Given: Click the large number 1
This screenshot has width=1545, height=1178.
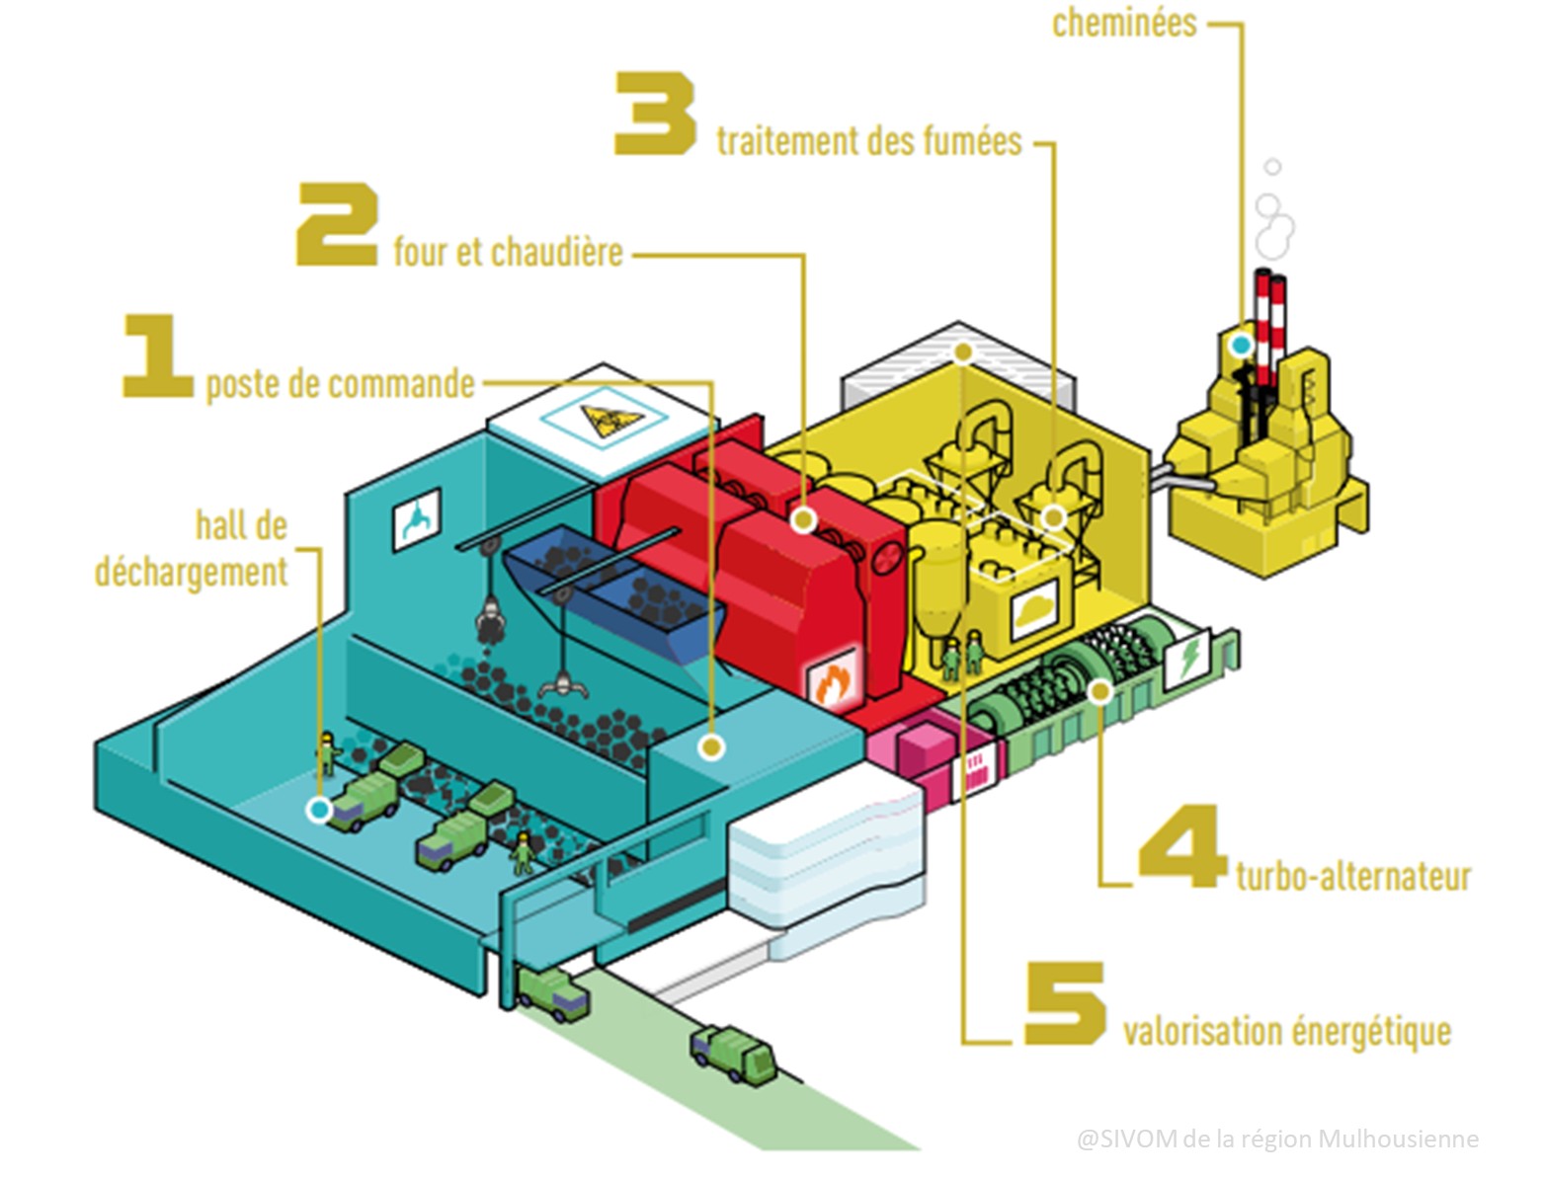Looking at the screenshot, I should [x=157, y=356].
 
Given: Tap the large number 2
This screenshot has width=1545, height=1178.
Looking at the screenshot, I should [x=337, y=224].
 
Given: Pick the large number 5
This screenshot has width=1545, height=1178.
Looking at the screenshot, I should [x=1064, y=1003].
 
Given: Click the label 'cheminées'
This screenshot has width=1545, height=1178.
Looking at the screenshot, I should [x=1124, y=24].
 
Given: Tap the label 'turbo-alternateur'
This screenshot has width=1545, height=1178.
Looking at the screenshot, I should [x=1353, y=876].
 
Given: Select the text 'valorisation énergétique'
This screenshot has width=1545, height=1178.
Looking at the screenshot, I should [x=1287, y=1031].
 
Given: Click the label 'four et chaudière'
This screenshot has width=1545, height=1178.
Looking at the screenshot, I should [x=508, y=252].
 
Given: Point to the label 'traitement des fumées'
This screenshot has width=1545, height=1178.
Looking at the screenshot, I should [x=869, y=141].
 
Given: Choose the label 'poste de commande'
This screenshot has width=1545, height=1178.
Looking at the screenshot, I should [x=341, y=383].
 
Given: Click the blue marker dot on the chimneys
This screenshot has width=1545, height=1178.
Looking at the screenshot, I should [x=1241, y=345].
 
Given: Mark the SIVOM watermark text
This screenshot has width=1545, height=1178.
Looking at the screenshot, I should [x=1277, y=1139].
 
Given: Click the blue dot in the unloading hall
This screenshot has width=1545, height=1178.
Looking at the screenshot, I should [x=318, y=810].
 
